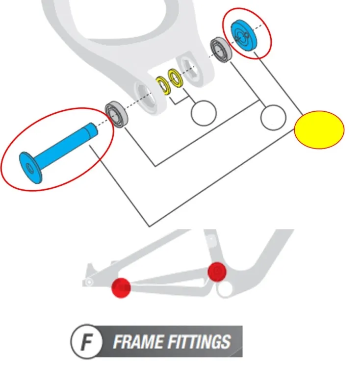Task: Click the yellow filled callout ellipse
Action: coord(319,129)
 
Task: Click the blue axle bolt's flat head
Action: coord(30,168)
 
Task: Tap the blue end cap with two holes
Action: coord(243,35)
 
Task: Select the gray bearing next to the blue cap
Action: coord(221,50)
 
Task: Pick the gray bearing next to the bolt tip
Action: coord(117,114)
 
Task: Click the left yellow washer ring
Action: coord(163,85)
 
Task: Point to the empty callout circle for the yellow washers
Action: coord(204,113)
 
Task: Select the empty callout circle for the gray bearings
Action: coord(273,118)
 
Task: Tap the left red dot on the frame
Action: coord(121,288)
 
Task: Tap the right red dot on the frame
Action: coord(217,272)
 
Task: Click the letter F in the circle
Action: coord(86,342)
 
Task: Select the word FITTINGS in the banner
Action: coord(199,342)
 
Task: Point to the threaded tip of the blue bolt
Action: coord(92,129)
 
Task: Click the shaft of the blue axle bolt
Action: coord(63,148)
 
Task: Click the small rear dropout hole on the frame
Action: coord(89,282)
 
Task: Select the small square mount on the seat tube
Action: coord(211,239)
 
